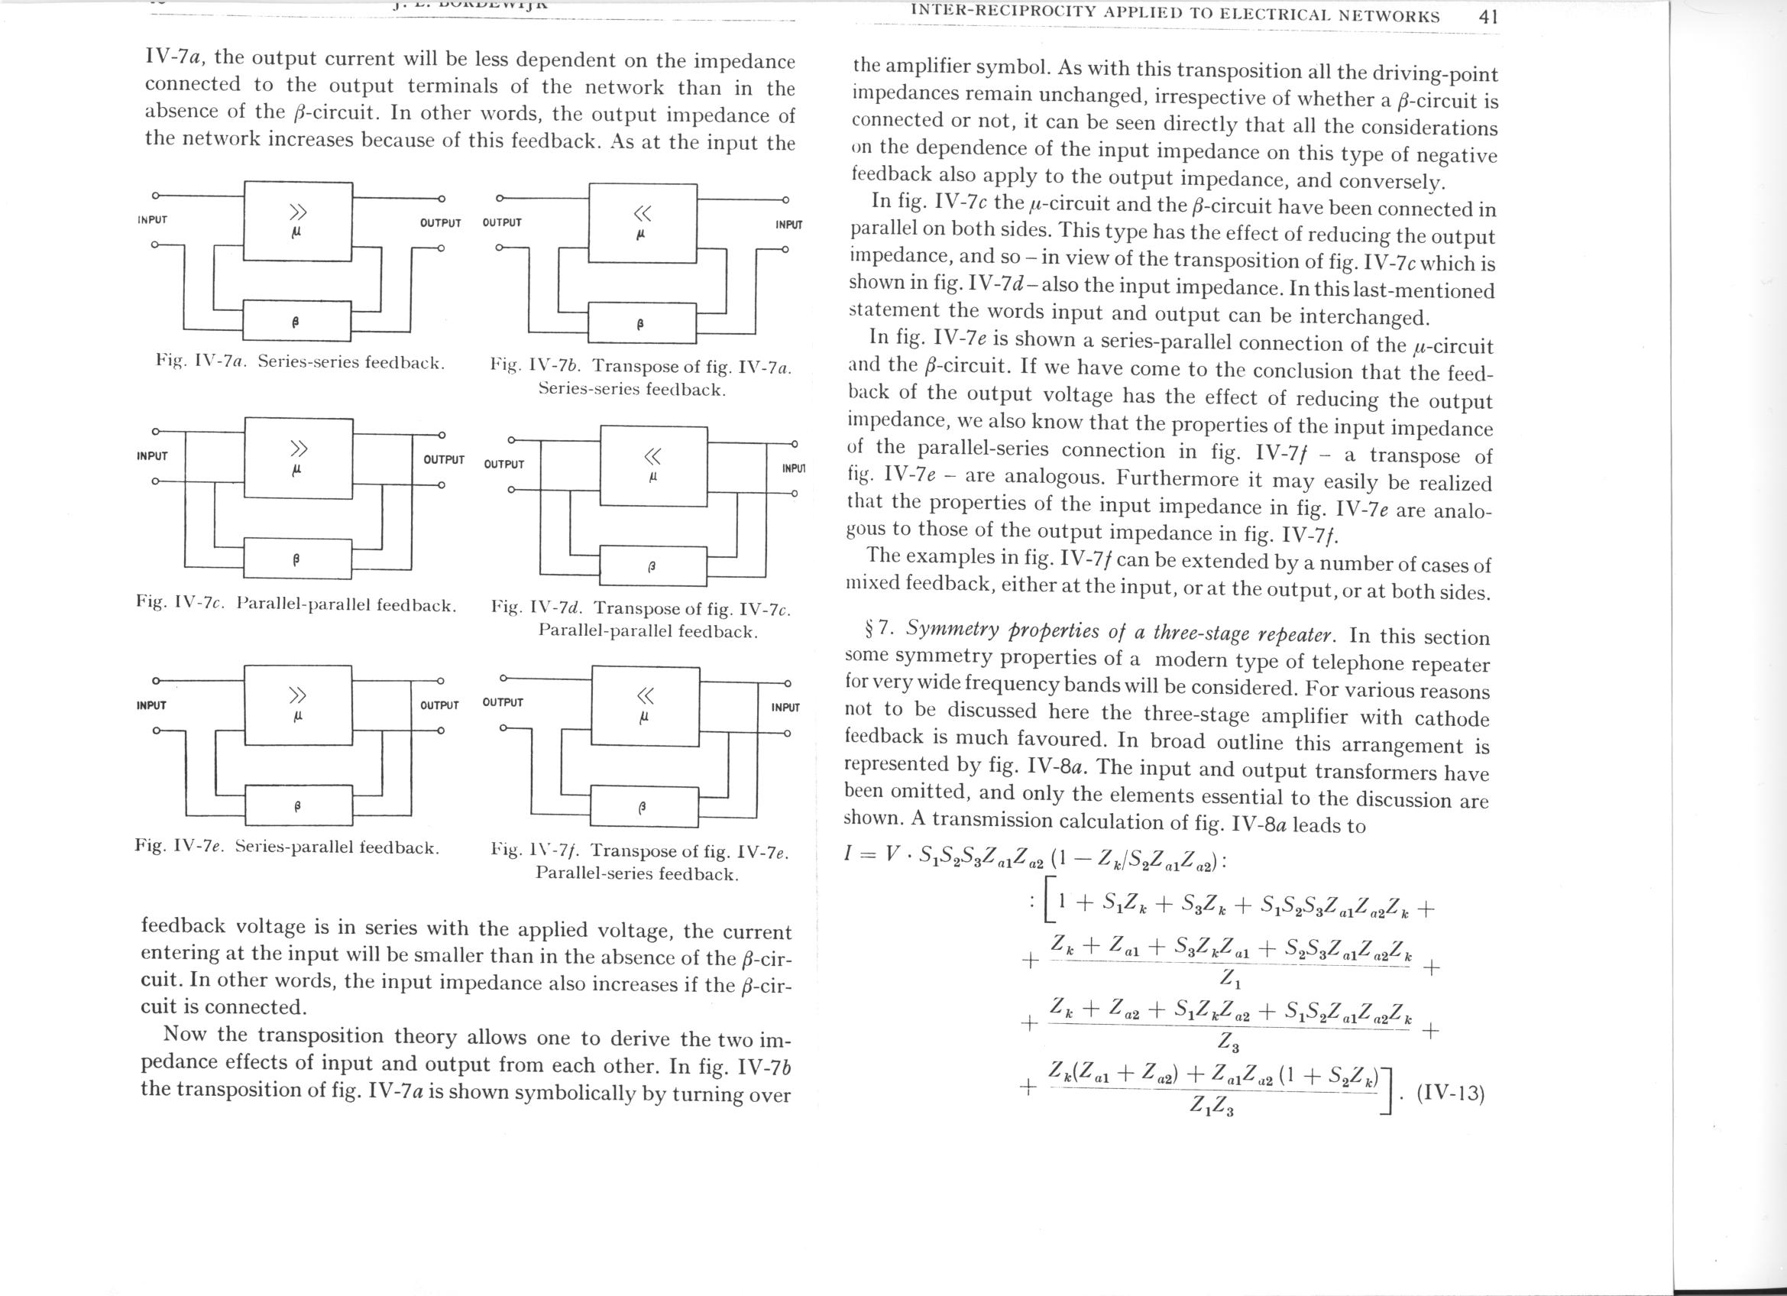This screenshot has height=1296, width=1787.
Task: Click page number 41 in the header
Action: (x=1488, y=17)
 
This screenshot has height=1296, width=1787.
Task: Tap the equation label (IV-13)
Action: (x=1450, y=1095)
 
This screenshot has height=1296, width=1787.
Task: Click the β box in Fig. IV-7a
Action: (x=298, y=321)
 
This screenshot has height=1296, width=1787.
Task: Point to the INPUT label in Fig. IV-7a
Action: (x=152, y=220)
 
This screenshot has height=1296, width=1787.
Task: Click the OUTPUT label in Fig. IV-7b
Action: (x=502, y=222)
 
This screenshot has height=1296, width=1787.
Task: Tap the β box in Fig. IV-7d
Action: (x=652, y=565)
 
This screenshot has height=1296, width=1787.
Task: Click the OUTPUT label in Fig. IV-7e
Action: (x=439, y=705)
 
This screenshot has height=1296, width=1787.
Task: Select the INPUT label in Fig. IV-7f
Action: (x=785, y=708)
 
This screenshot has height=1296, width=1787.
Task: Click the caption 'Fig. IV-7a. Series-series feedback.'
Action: (x=300, y=362)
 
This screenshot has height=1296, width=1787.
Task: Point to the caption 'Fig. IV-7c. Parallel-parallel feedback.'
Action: (x=296, y=605)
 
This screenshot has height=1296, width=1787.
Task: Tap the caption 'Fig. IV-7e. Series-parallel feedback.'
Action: (x=287, y=847)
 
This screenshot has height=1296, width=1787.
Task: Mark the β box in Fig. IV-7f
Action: (x=643, y=808)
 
